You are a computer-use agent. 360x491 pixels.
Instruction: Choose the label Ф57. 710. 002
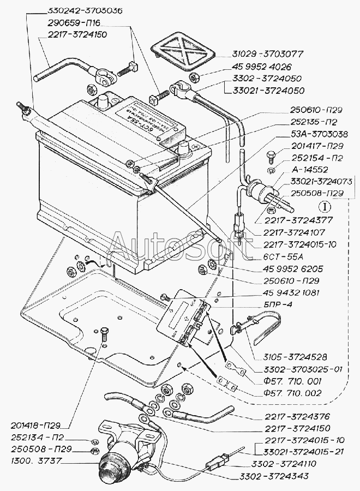(291, 393)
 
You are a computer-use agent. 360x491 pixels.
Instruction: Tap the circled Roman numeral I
(325, 207)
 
